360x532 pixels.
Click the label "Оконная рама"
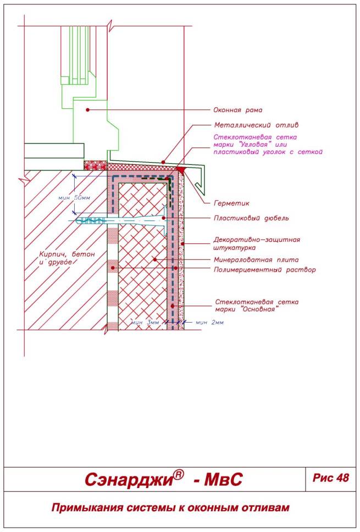pos(237,110)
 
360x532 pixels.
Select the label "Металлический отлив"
pos(256,125)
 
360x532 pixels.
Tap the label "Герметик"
pos(231,203)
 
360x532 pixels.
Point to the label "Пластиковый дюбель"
pos(251,218)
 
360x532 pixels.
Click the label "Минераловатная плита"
pos(256,260)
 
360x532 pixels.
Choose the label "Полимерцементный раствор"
pos(265,270)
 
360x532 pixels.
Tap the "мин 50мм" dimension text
pos(74,197)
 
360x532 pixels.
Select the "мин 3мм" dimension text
pos(145,323)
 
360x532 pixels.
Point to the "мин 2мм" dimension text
pos(210,322)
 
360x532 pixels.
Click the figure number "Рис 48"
pos(330,478)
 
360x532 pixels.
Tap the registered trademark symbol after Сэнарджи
pos(179,474)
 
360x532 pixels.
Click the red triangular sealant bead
pos(180,169)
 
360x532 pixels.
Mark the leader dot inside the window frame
pos(87,109)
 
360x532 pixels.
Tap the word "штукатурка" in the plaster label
pos(235,248)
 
